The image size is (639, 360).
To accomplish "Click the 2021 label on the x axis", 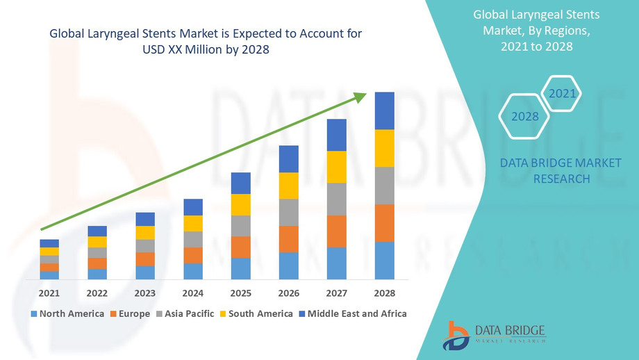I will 49,293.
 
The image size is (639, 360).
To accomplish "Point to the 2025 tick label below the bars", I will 240,293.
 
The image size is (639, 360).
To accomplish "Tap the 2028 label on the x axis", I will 384,293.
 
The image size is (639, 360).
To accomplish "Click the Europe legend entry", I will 129,313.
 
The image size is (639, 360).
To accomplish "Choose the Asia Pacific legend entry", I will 184,313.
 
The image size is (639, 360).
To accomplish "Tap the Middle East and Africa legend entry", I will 352,313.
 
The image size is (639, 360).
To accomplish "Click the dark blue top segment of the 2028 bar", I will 384,111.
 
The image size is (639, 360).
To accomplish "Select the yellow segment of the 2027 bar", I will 337,167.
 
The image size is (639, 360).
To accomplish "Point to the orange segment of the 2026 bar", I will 289,239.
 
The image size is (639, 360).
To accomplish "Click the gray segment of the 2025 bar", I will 240,226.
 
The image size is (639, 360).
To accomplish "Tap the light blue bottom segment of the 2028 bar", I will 384,261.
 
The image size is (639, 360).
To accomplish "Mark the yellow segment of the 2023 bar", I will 145,233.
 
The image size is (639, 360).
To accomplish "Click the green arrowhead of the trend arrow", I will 359,97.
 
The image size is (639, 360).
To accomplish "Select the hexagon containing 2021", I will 561,93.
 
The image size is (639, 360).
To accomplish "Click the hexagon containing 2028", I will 525,116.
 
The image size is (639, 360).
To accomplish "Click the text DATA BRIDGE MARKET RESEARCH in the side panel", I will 546,171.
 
